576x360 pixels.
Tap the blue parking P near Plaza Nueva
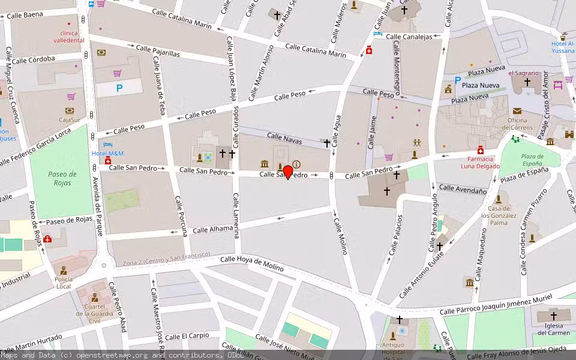458,80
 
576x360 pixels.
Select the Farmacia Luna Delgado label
481,163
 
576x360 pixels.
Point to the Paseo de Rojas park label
62,178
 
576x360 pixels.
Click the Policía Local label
64,283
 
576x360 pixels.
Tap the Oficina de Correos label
517,124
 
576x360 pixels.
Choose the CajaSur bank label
70,119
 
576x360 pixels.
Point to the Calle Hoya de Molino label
251,263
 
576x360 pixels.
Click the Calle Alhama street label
208,229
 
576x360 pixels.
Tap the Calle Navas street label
284,139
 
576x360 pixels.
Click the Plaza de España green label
532,160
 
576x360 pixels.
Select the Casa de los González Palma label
499,218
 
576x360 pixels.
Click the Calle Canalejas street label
409,37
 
